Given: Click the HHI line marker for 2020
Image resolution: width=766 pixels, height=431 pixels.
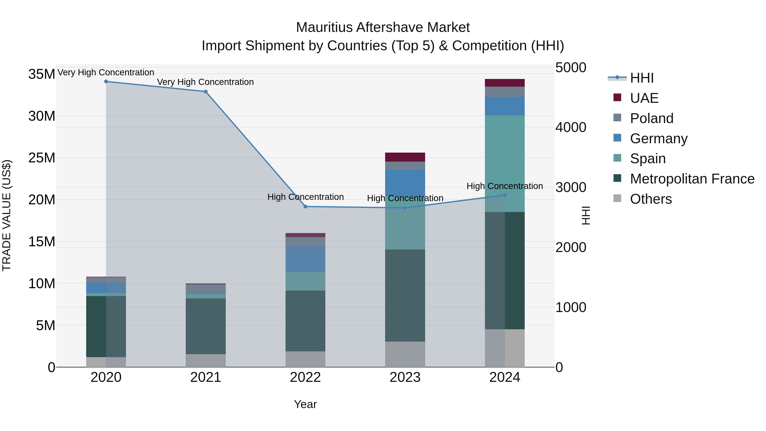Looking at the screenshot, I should point(106,82).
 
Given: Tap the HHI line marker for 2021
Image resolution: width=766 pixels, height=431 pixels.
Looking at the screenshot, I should point(206,92).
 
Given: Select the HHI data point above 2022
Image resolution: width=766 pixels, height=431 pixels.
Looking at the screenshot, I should point(305,206).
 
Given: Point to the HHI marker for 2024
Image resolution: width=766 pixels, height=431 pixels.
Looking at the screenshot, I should point(505,195).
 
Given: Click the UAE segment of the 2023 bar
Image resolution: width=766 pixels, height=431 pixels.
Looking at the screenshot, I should point(405,157).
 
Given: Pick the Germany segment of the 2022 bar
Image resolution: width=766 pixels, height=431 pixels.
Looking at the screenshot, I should point(305,259).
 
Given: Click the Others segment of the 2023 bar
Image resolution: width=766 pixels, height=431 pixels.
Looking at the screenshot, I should point(405,354).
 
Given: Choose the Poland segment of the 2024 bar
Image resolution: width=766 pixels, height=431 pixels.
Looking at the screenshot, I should point(505,92).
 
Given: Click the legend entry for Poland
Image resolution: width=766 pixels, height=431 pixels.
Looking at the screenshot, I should point(651,118).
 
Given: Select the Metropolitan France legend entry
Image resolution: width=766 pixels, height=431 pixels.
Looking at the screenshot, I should point(692,179).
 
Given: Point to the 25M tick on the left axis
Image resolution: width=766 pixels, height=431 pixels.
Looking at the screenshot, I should point(42,158).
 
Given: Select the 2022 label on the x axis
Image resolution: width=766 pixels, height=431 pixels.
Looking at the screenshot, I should point(305,377).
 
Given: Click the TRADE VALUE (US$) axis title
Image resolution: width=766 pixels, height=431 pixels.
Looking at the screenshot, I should point(7,215).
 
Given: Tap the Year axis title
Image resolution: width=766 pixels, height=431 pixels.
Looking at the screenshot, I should point(305,404).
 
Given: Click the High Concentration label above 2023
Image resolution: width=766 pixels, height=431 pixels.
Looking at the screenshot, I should point(405,198).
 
